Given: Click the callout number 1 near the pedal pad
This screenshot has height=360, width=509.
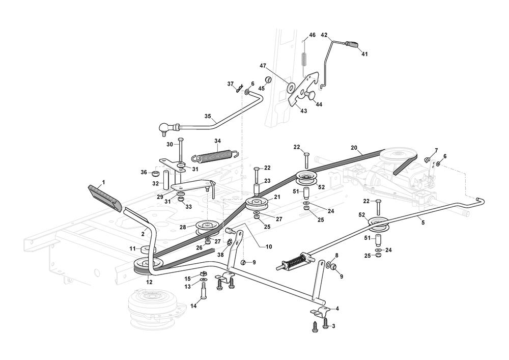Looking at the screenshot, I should point(103,182).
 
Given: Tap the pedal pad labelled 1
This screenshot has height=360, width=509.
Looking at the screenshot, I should point(104,197).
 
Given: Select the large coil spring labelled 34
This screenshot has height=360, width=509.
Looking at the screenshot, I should point(214,152).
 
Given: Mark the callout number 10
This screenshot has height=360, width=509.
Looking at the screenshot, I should point(269,247).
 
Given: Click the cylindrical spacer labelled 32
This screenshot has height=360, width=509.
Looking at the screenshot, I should point(165,180).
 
